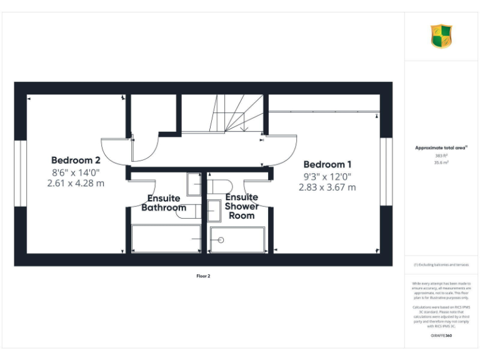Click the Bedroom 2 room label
point(76,159)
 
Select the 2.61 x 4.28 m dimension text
point(76,183)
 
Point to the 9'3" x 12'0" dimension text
point(329,176)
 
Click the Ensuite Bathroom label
point(164,203)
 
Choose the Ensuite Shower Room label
point(241,206)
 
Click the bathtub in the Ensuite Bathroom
point(166,239)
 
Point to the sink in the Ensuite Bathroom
point(194,182)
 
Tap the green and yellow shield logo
point(441,36)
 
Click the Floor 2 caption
point(203,276)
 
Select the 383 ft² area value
point(441,156)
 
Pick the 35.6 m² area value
point(441,162)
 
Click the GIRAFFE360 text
point(441,336)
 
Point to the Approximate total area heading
point(441,148)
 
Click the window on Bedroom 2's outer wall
point(18,173)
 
